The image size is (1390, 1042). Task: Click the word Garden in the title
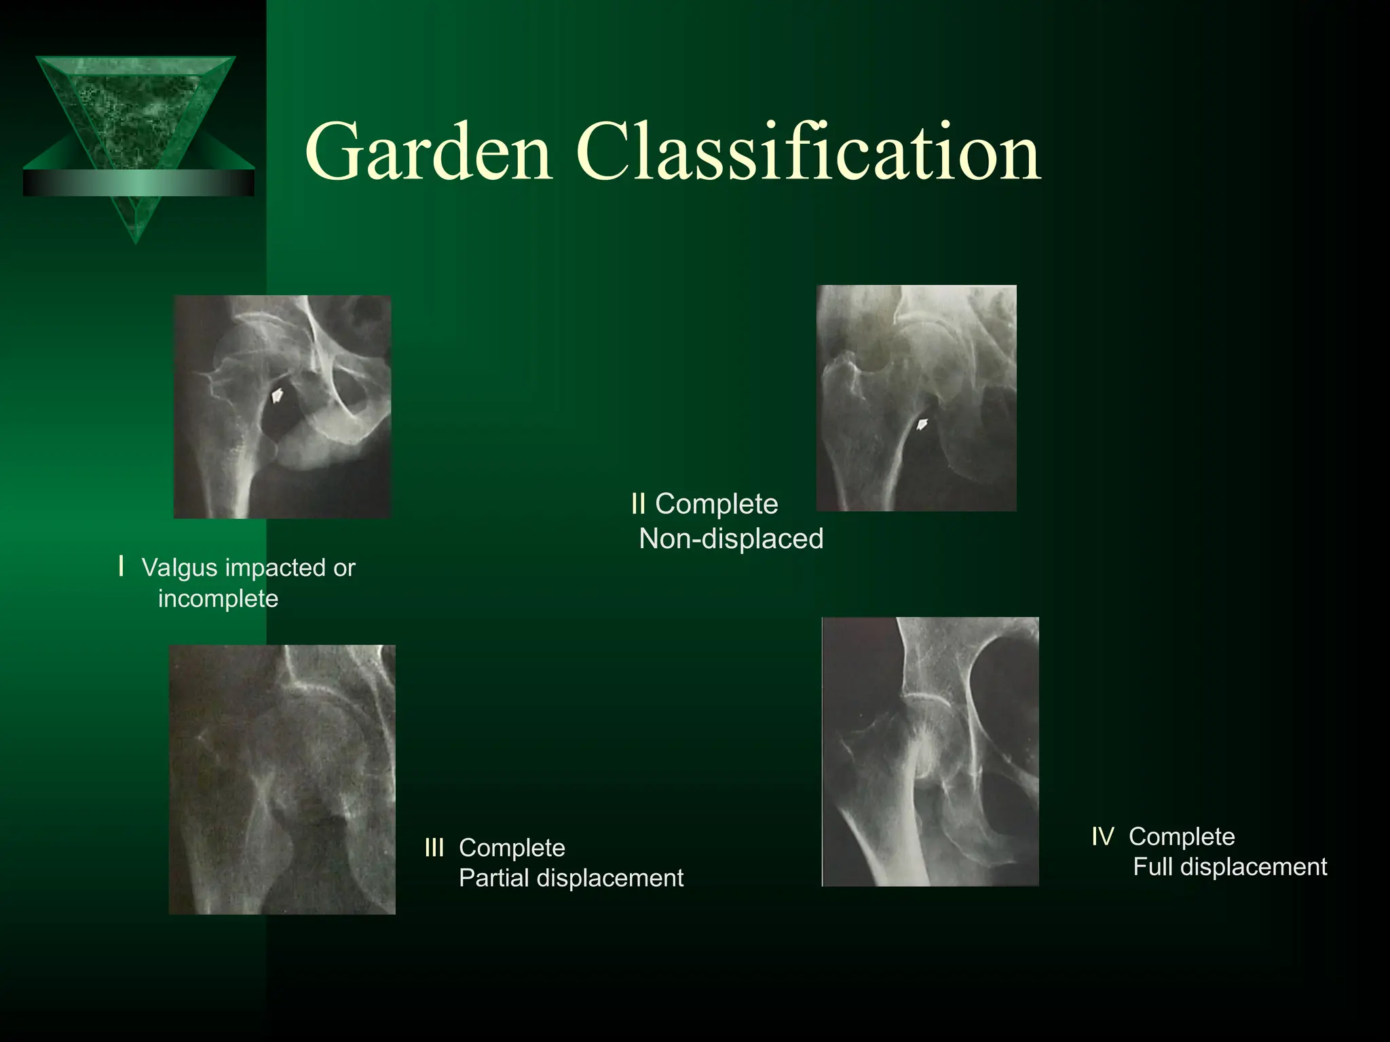coord(429,153)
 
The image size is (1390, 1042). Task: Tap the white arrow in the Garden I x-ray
coord(277,395)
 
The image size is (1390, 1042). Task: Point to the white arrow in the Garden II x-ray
coord(922,425)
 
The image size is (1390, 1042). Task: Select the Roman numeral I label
coord(121,566)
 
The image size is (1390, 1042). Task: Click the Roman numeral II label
coord(638,504)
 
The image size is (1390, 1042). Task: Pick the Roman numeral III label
coord(434,847)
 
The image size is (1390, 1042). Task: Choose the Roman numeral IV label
coord(1103,836)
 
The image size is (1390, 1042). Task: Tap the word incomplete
coord(218,599)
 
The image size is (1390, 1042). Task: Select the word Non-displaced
coord(731,539)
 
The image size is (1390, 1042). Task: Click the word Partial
coord(494,879)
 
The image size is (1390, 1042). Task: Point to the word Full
coord(1153,867)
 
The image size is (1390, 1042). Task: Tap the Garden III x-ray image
coord(282,779)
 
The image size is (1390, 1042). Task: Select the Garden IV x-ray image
coord(930,752)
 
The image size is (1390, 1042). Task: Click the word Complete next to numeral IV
coord(1182,836)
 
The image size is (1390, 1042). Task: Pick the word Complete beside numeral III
coord(512,848)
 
